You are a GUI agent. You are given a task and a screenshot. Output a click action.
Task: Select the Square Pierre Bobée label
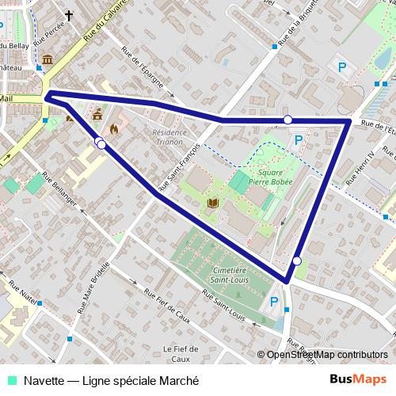[270, 176]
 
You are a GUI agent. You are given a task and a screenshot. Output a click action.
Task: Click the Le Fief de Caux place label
[180, 352]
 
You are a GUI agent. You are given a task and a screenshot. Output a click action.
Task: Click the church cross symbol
[68, 15]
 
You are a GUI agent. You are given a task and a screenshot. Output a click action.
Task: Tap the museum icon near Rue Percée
[48, 60]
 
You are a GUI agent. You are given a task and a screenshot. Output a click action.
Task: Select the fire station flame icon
[116, 127]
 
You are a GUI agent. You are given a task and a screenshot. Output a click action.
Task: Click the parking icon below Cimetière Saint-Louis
[274, 301]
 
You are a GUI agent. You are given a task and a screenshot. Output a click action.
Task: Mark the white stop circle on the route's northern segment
[287, 120]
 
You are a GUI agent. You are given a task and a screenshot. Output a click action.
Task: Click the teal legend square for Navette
[12, 379]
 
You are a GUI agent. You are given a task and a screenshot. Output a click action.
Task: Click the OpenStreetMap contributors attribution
[326, 355]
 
